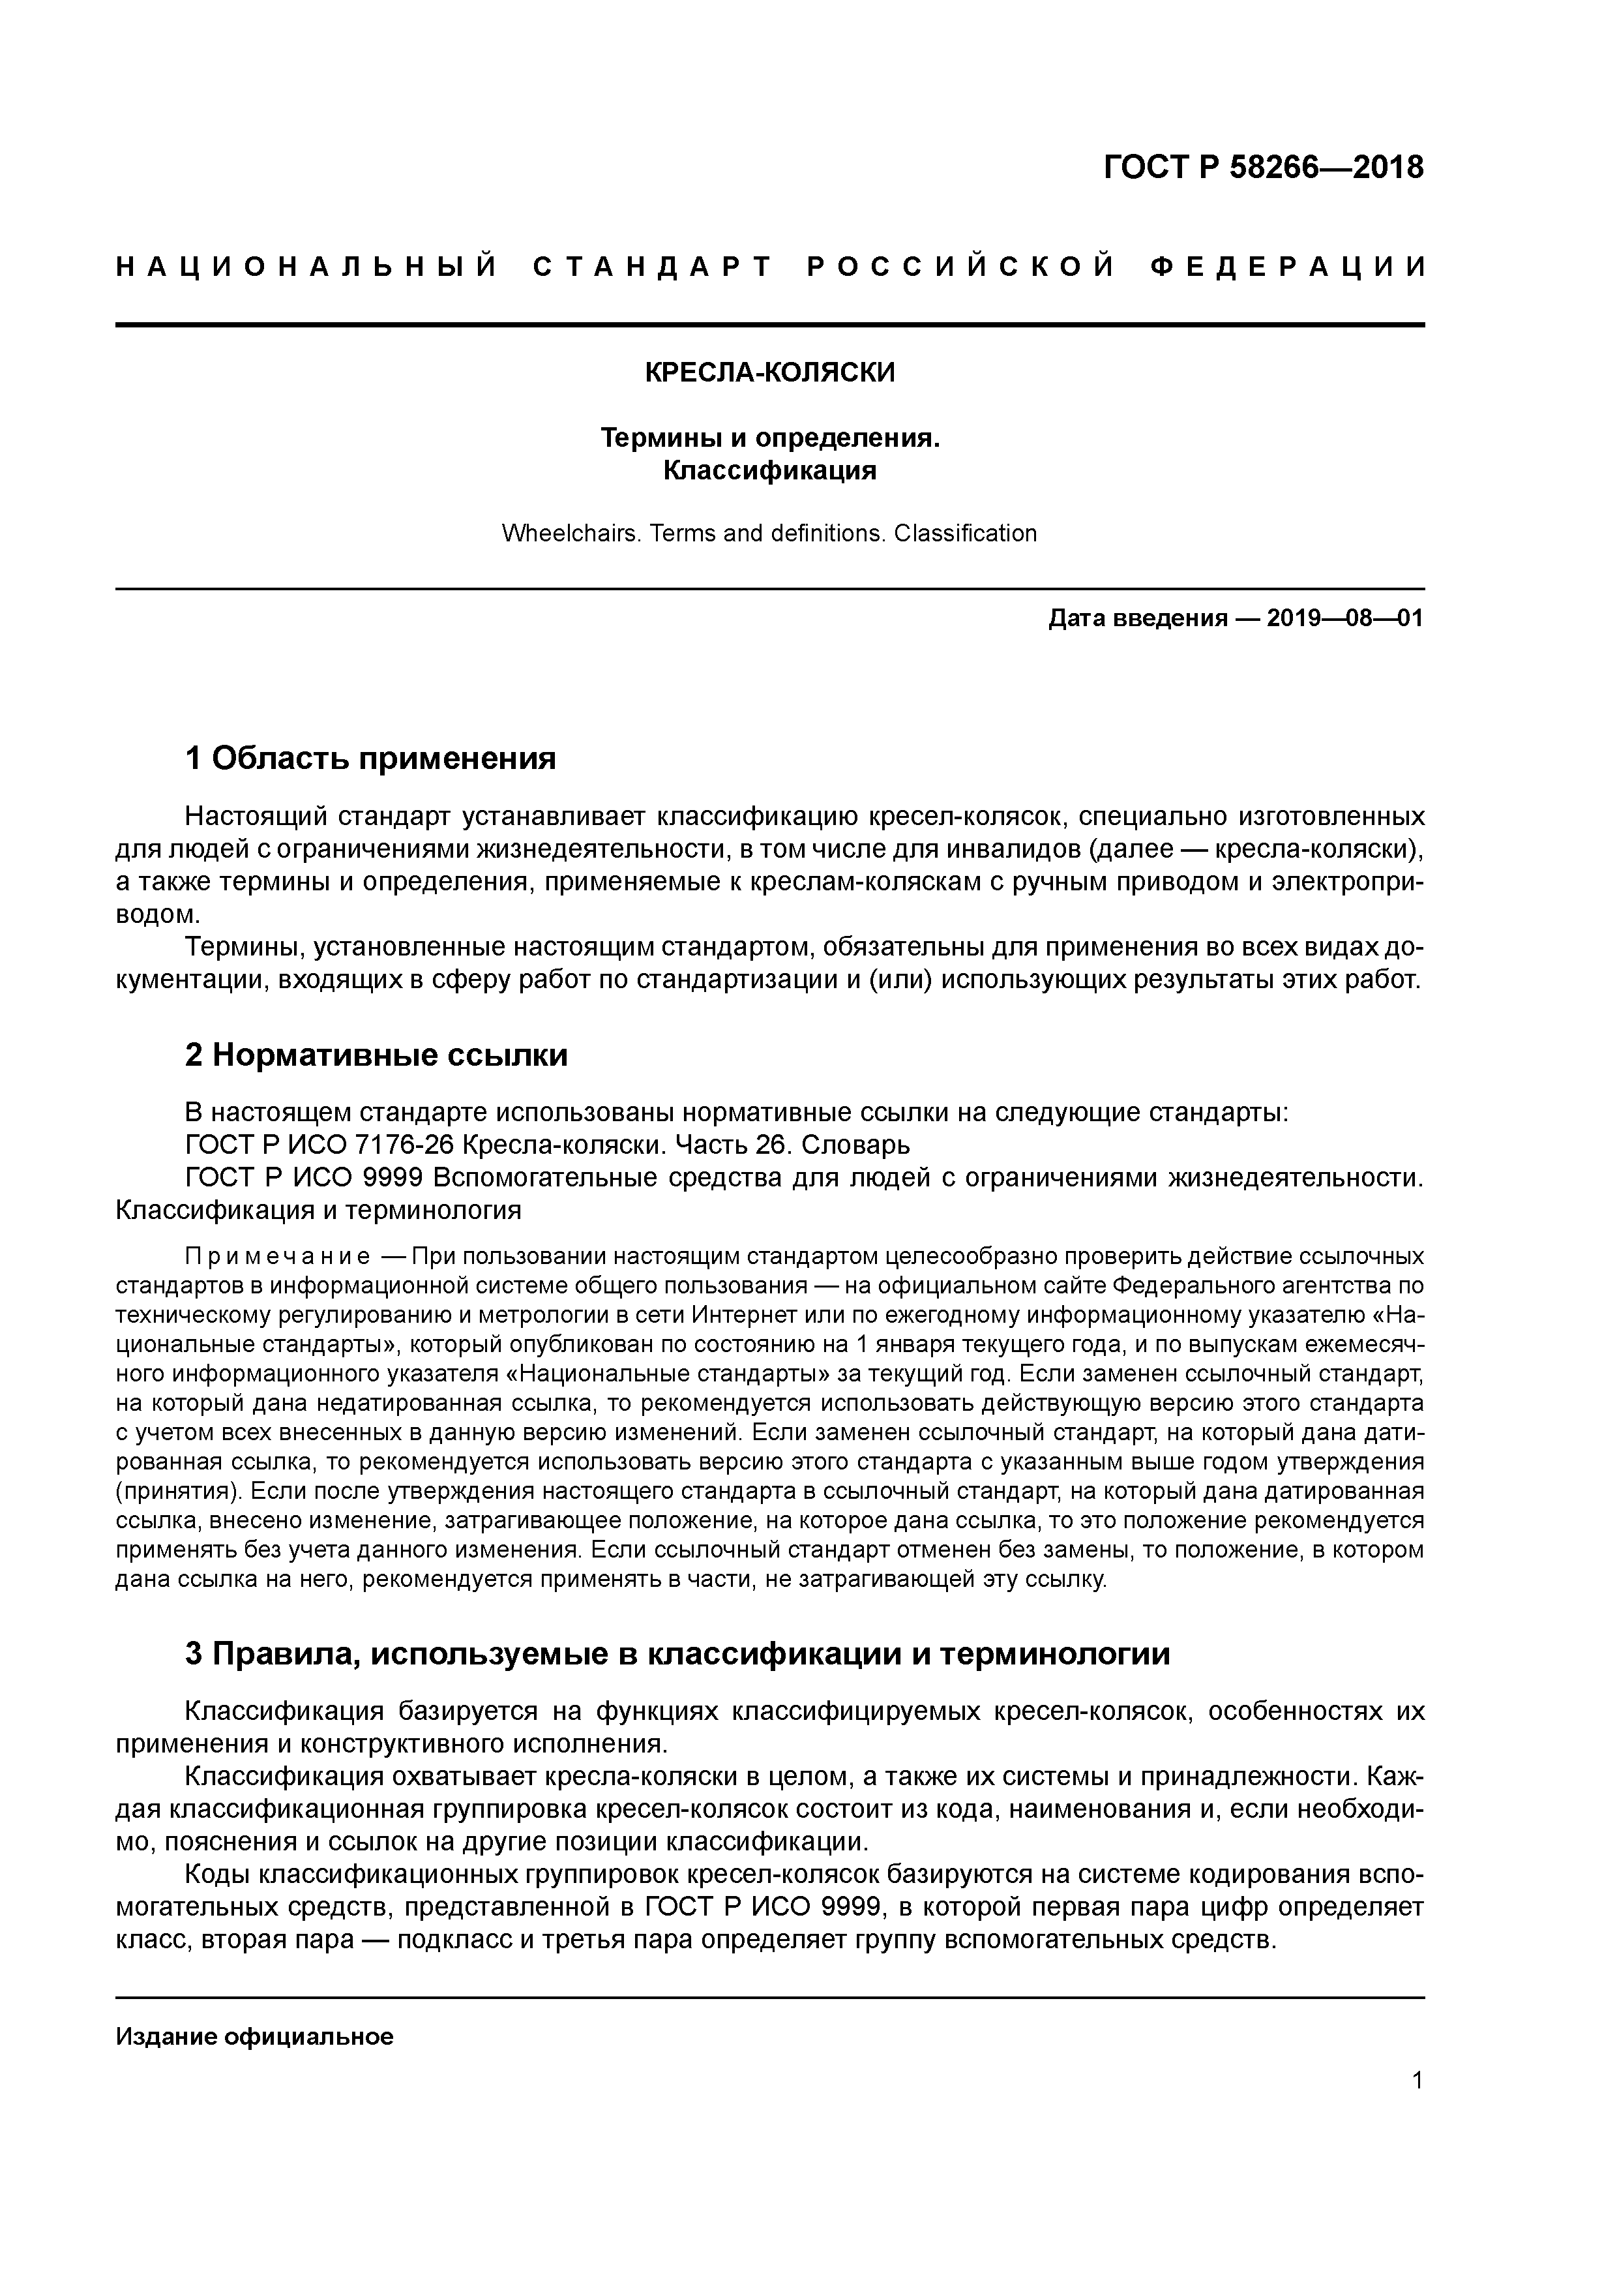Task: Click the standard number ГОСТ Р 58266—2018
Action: tap(1264, 168)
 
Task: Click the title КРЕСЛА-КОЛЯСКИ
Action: tap(769, 372)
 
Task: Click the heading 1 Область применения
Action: tap(370, 759)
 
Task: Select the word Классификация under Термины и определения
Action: tap(769, 470)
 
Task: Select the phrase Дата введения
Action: tap(1136, 619)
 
